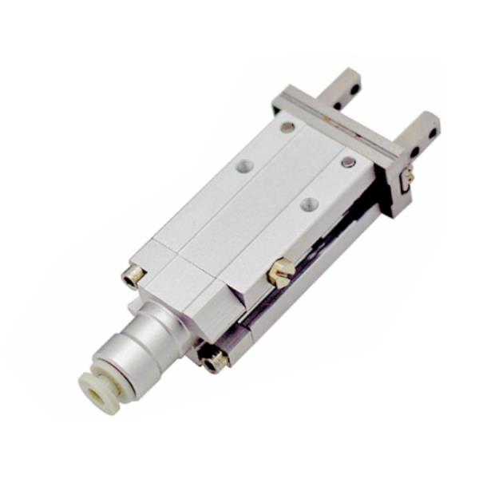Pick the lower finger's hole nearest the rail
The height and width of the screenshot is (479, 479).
point(417,149)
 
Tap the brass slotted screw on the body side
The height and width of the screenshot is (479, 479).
point(280,271)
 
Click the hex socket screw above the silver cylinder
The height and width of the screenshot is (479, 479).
point(133,275)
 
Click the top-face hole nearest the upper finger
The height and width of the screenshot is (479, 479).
point(287,127)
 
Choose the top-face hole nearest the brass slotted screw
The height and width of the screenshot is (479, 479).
point(310,204)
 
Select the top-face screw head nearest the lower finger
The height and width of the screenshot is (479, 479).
point(348,162)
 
